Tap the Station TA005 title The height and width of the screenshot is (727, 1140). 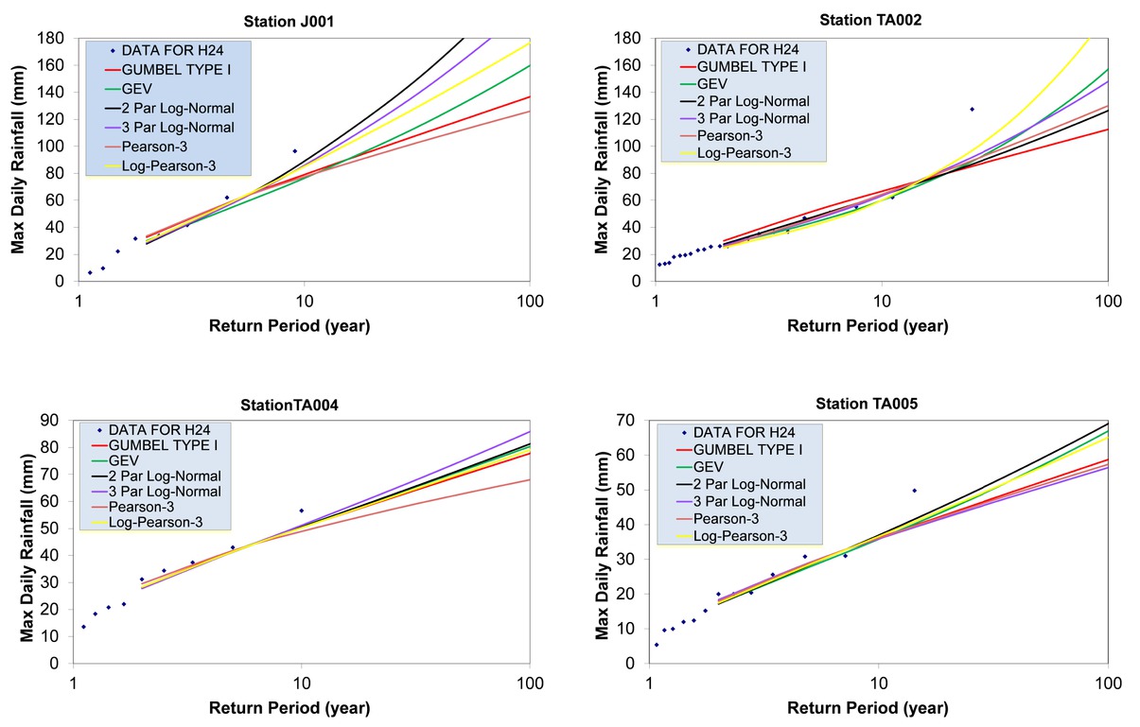click(867, 403)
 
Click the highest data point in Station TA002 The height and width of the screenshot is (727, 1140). click(972, 109)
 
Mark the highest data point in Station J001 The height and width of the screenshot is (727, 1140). click(294, 151)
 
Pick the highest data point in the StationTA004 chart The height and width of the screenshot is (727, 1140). click(301, 511)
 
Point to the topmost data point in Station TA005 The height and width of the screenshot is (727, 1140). click(914, 491)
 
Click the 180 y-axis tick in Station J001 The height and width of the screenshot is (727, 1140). click(51, 38)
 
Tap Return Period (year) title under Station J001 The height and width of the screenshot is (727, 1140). click(289, 326)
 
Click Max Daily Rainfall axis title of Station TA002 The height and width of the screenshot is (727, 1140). click(602, 161)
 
